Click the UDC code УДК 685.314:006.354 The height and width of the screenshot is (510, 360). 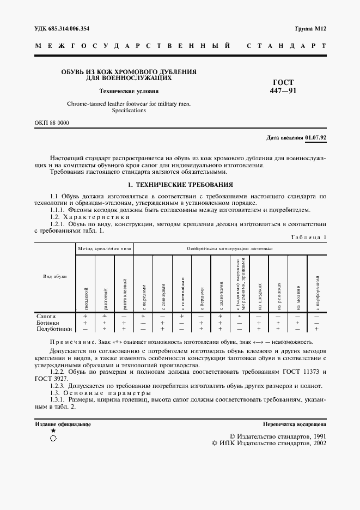[62, 28]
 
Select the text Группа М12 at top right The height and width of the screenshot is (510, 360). [310, 28]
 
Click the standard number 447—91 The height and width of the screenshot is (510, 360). [283, 91]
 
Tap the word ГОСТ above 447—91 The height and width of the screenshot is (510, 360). [283, 83]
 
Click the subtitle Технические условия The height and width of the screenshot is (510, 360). [129, 91]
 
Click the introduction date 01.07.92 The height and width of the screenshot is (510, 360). [316, 137]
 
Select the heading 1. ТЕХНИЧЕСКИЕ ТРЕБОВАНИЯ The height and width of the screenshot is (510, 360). [180, 185]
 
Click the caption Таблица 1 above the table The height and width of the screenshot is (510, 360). [308, 237]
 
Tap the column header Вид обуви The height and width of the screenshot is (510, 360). [55, 277]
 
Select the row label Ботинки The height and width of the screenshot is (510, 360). [47, 323]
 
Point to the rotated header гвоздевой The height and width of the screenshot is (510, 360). [86, 297]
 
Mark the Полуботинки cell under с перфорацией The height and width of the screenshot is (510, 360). [317, 329]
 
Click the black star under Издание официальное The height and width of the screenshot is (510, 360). [53, 430]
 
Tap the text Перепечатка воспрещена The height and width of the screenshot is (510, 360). [294, 424]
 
